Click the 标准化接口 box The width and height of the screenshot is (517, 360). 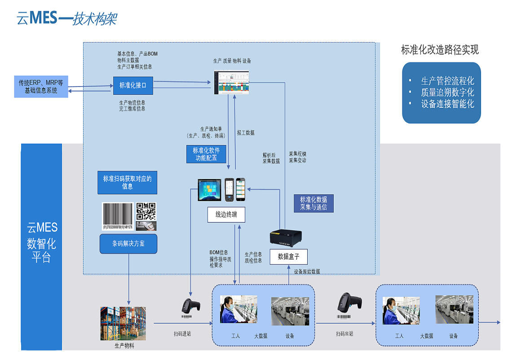tap(133, 85)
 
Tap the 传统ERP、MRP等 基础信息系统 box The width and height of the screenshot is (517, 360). tap(41, 87)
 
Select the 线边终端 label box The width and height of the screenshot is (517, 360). tap(226, 215)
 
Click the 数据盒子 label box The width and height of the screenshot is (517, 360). tap(288, 257)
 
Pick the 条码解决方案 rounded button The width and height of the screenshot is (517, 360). tap(128, 244)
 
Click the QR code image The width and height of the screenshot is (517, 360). tap(146, 211)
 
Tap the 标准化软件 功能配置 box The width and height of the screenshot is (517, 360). tap(206, 154)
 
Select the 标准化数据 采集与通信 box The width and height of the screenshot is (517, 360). tap(314, 203)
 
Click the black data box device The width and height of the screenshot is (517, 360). tap(286, 237)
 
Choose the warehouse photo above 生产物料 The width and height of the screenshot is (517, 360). tap(119, 323)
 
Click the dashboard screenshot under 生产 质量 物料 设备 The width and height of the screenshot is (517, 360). tap(231, 83)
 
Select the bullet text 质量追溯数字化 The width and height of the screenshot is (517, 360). tap(447, 92)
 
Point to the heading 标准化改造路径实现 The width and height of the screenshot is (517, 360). tap(440, 50)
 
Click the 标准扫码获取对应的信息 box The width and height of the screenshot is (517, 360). tap(127, 182)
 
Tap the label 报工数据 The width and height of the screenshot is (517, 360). tap(246, 133)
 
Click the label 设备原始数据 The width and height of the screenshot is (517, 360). tap(307, 272)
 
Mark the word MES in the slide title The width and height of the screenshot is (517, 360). tap(44, 18)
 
